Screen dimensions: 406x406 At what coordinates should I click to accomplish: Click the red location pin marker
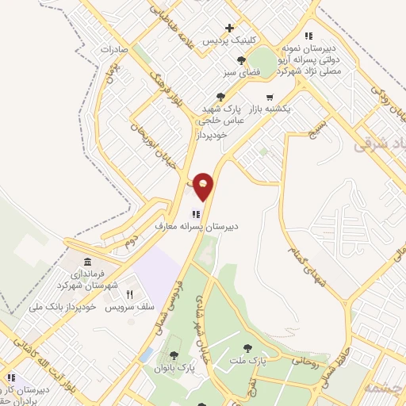(x=204, y=186)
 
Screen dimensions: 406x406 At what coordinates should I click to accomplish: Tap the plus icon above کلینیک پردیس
(x=229, y=28)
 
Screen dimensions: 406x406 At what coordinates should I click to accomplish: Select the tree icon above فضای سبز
(x=241, y=60)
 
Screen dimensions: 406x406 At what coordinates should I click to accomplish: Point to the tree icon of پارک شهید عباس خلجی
(x=220, y=97)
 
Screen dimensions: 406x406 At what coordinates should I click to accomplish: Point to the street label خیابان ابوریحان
(x=140, y=124)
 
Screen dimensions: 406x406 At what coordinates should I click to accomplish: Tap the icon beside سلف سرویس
(x=140, y=295)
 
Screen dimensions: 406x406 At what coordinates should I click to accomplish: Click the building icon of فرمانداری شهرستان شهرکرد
(x=86, y=262)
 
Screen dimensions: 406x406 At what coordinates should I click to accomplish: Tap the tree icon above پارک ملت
(x=249, y=347)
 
